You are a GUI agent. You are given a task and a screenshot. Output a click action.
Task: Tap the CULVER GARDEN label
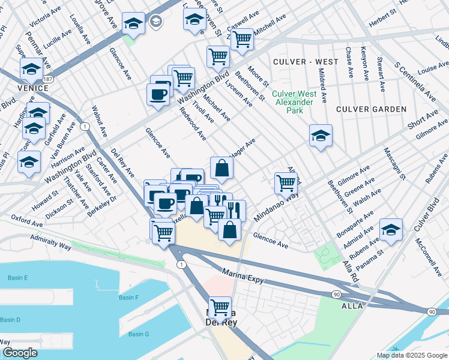(371, 109)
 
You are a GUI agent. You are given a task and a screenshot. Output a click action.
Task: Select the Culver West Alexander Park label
(294, 98)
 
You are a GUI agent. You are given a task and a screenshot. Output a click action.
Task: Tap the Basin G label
(138, 334)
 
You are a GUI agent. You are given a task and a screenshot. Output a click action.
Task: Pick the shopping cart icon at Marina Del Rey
(220, 307)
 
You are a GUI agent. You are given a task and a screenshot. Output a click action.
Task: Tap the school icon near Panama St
(391, 230)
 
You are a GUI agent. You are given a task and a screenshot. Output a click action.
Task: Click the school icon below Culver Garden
(321, 135)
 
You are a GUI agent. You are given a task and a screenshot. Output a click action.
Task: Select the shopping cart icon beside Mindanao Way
(286, 182)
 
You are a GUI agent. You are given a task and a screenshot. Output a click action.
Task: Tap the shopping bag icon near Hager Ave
(221, 168)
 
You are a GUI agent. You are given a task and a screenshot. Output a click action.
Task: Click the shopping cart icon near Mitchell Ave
(242, 40)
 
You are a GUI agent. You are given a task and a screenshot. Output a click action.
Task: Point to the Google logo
(20, 353)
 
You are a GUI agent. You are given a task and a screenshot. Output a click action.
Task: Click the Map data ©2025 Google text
(412, 355)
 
